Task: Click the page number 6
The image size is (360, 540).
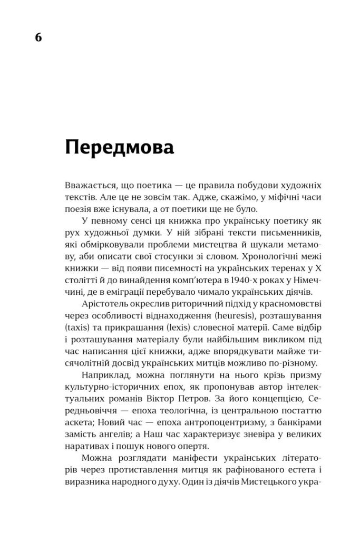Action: point(38,38)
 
